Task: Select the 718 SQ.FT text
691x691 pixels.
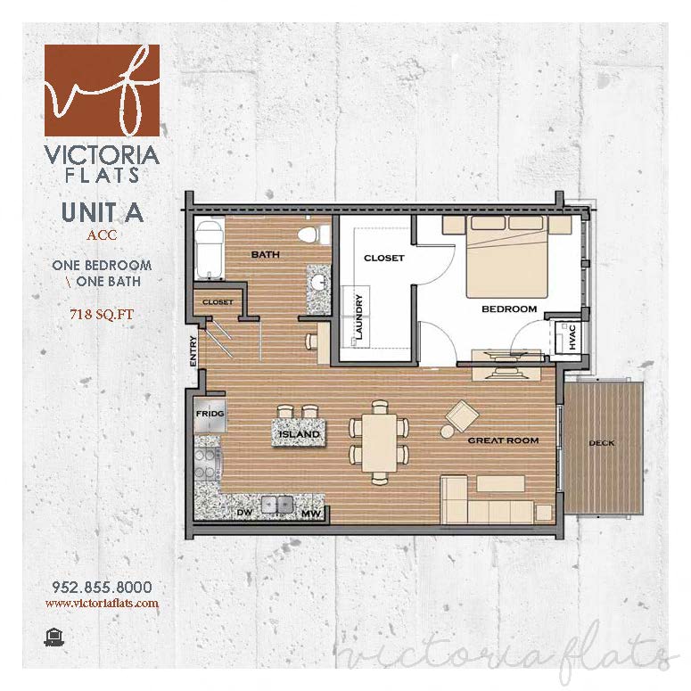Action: point(102,313)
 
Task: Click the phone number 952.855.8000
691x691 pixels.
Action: point(102,587)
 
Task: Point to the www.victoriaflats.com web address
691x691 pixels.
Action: point(102,603)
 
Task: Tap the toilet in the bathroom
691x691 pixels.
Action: point(308,236)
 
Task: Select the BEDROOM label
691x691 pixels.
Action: point(509,309)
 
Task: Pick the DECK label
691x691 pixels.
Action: point(601,443)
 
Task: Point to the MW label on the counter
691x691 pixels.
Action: point(309,514)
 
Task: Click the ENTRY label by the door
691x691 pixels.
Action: point(193,351)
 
